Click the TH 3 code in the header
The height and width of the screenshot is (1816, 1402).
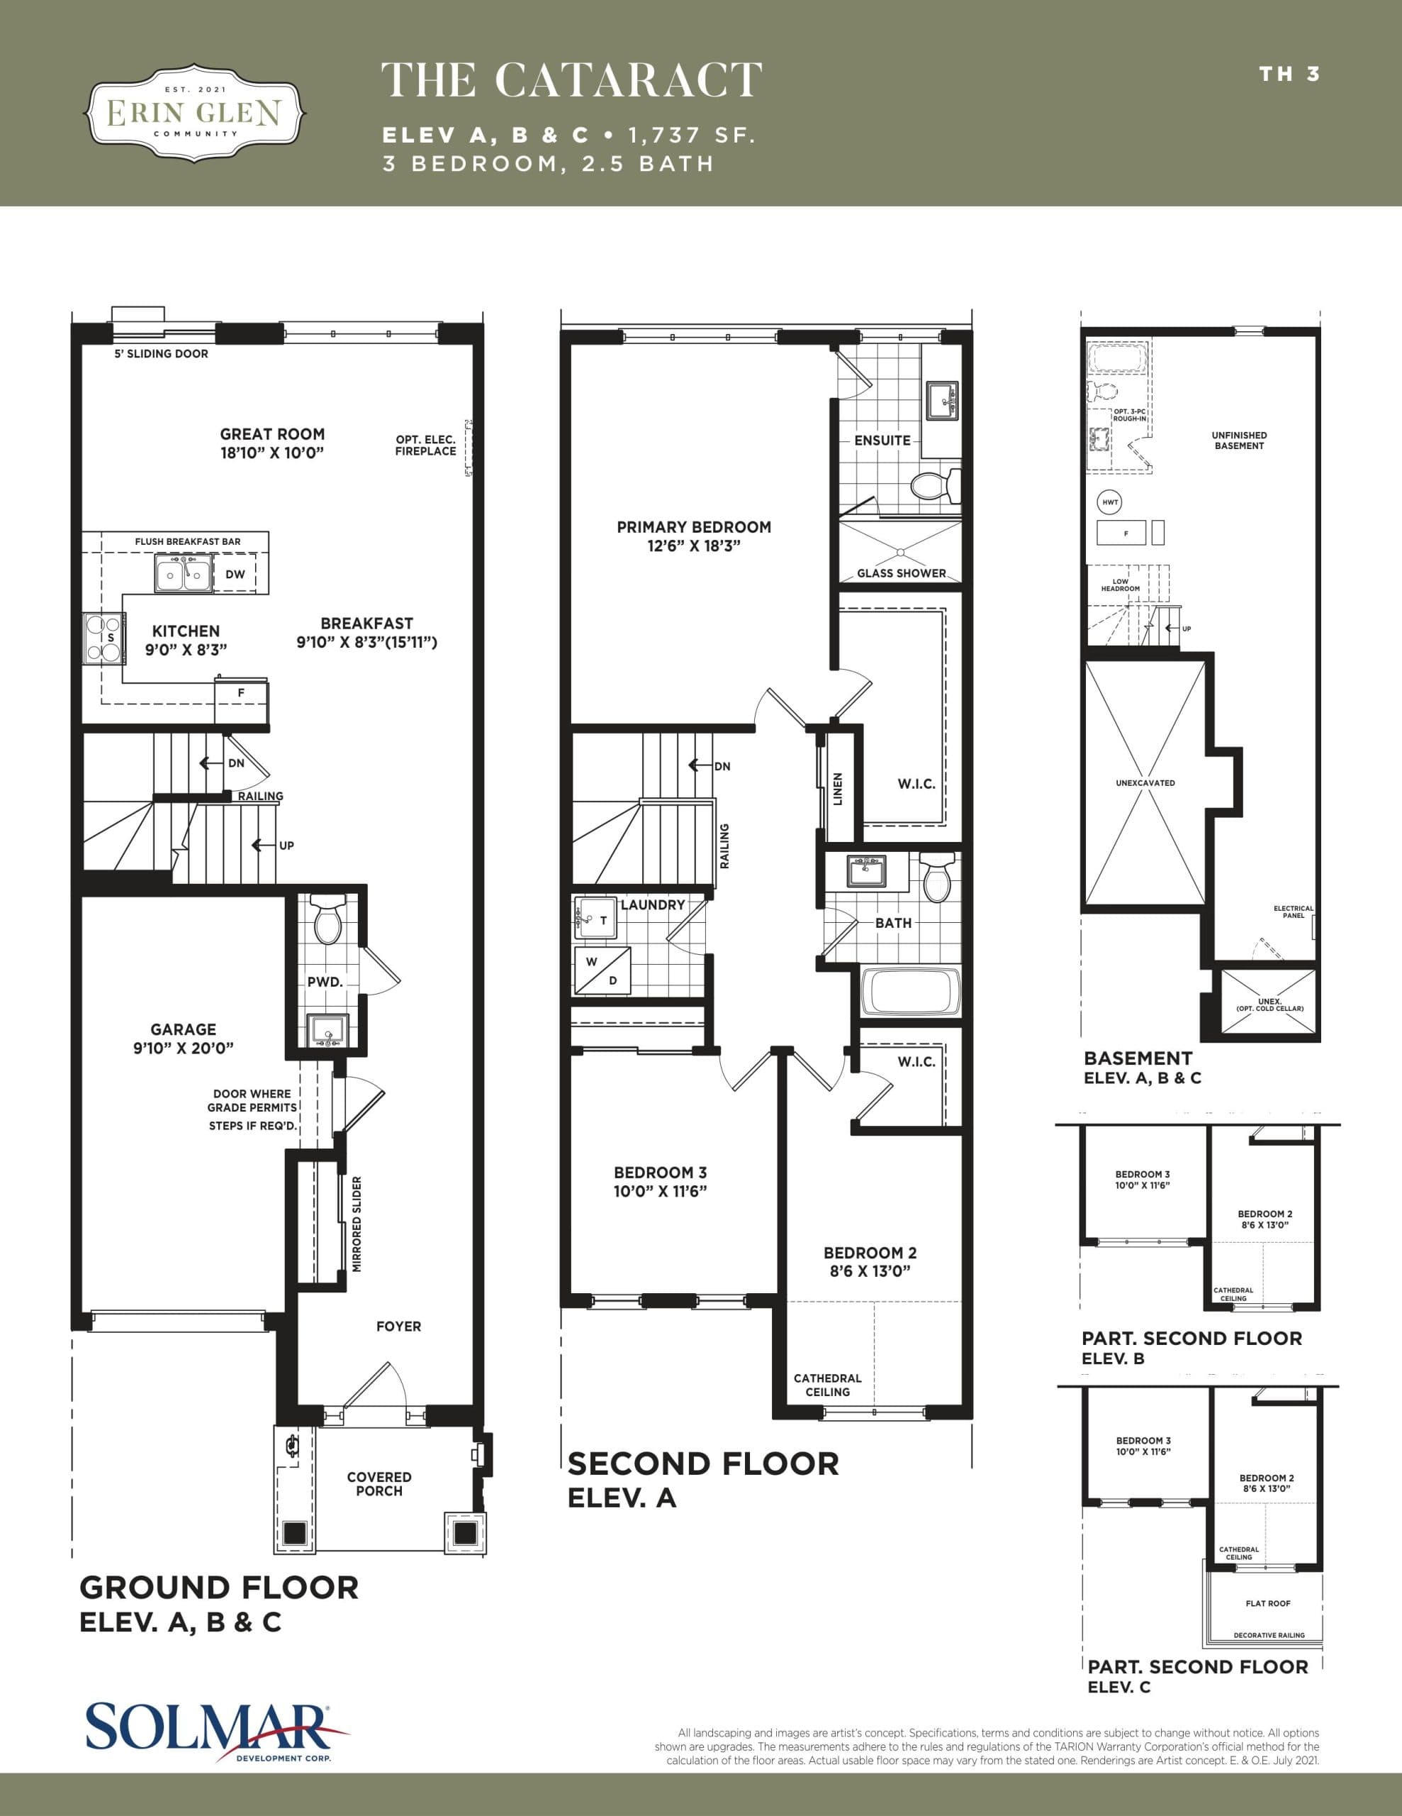(x=1289, y=74)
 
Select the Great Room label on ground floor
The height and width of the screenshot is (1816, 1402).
(x=271, y=443)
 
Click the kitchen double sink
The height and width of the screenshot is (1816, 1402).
(x=184, y=575)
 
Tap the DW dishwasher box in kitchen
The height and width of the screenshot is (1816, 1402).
(x=235, y=575)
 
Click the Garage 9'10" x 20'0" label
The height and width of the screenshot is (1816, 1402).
(x=184, y=1039)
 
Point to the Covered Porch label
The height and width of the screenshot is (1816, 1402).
(x=379, y=1484)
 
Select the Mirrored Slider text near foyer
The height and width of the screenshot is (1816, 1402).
(x=357, y=1224)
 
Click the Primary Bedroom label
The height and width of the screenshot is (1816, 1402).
(x=693, y=536)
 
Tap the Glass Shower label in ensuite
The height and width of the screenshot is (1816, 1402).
(x=902, y=573)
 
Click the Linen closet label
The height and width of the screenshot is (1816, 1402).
(x=838, y=788)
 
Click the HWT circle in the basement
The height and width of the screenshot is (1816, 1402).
(x=1110, y=502)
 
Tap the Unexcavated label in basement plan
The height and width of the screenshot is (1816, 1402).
(x=1145, y=783)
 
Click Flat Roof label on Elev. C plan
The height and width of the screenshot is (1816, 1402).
(x=1267, y=1603)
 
